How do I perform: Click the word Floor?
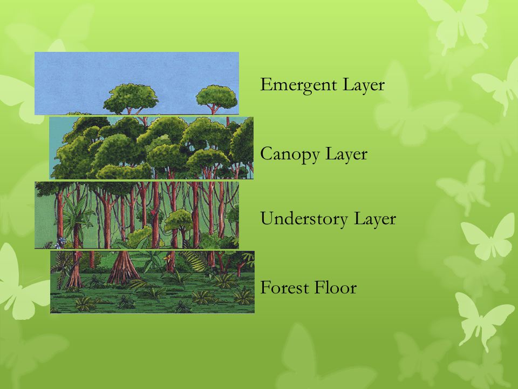(x=336, y=287)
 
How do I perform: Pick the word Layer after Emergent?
(x=364, y=85)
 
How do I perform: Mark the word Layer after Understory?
(x=375, y=219)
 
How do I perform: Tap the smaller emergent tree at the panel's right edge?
(x=217, y=96)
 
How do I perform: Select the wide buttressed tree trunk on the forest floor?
(x=122, y=268)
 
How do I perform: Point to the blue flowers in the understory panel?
(x=59, y=244)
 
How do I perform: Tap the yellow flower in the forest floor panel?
(x=167, y=258)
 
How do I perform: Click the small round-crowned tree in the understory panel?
(x=179, y=221)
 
